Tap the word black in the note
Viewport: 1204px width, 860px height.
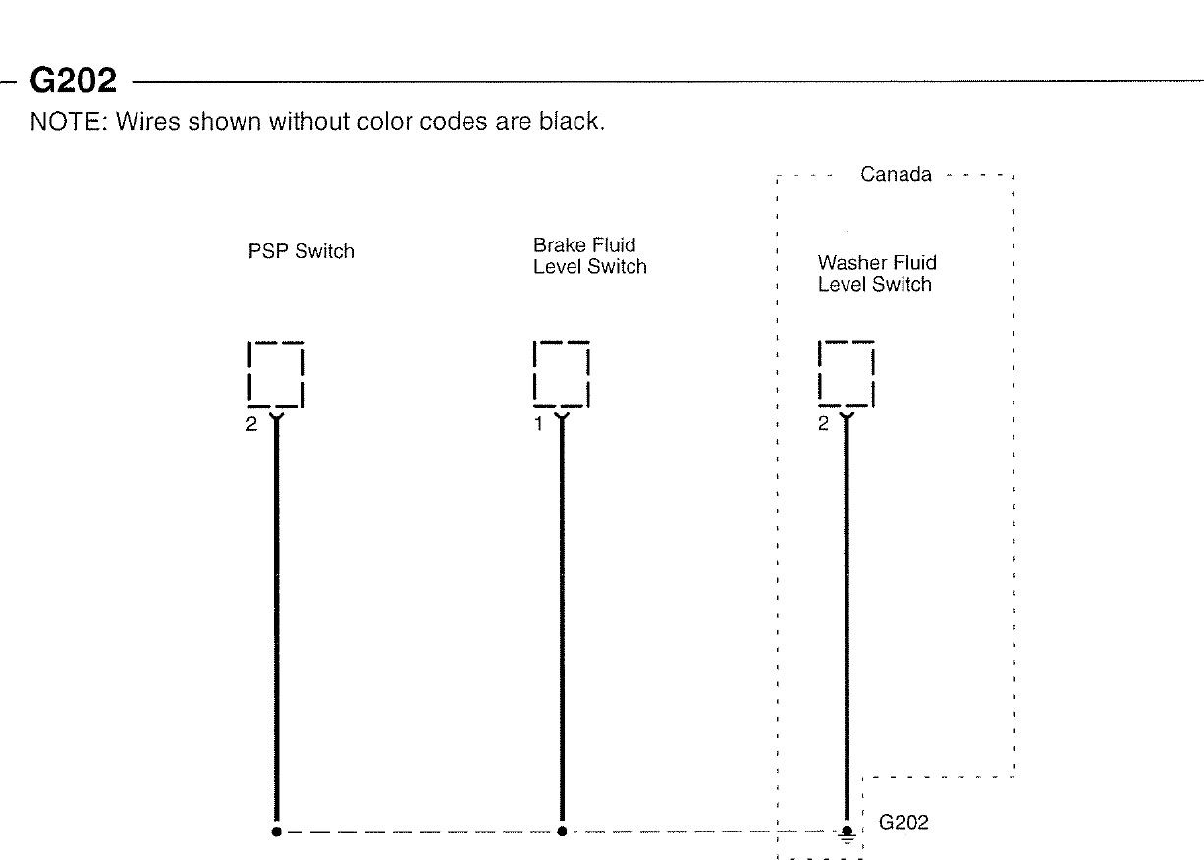[567, 123]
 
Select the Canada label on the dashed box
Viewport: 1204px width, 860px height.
[896, 175]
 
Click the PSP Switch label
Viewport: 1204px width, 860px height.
[301, 252]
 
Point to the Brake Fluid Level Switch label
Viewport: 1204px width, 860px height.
[589, 256]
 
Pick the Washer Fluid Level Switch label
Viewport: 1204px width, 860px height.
[876, 274]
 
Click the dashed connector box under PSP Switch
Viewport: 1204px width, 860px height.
[276, 374]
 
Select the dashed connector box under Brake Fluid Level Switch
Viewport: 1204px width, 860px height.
[561, 374]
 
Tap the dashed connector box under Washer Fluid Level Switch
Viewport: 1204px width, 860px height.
[846, 374]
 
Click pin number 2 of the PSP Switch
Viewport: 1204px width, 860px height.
[251, 424]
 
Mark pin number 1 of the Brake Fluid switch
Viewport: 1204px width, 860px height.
[538, 424]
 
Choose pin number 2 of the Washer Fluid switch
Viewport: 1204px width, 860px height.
[824, 424]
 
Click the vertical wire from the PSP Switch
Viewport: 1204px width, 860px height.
[276, 618]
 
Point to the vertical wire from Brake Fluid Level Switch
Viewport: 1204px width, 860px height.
[562, 618]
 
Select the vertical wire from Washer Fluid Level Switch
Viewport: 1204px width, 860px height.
[847, 618]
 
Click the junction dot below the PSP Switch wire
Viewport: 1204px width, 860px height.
[276, 831]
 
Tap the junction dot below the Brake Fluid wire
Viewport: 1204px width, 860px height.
[562, 831]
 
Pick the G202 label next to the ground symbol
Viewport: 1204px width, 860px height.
[903, 823]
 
